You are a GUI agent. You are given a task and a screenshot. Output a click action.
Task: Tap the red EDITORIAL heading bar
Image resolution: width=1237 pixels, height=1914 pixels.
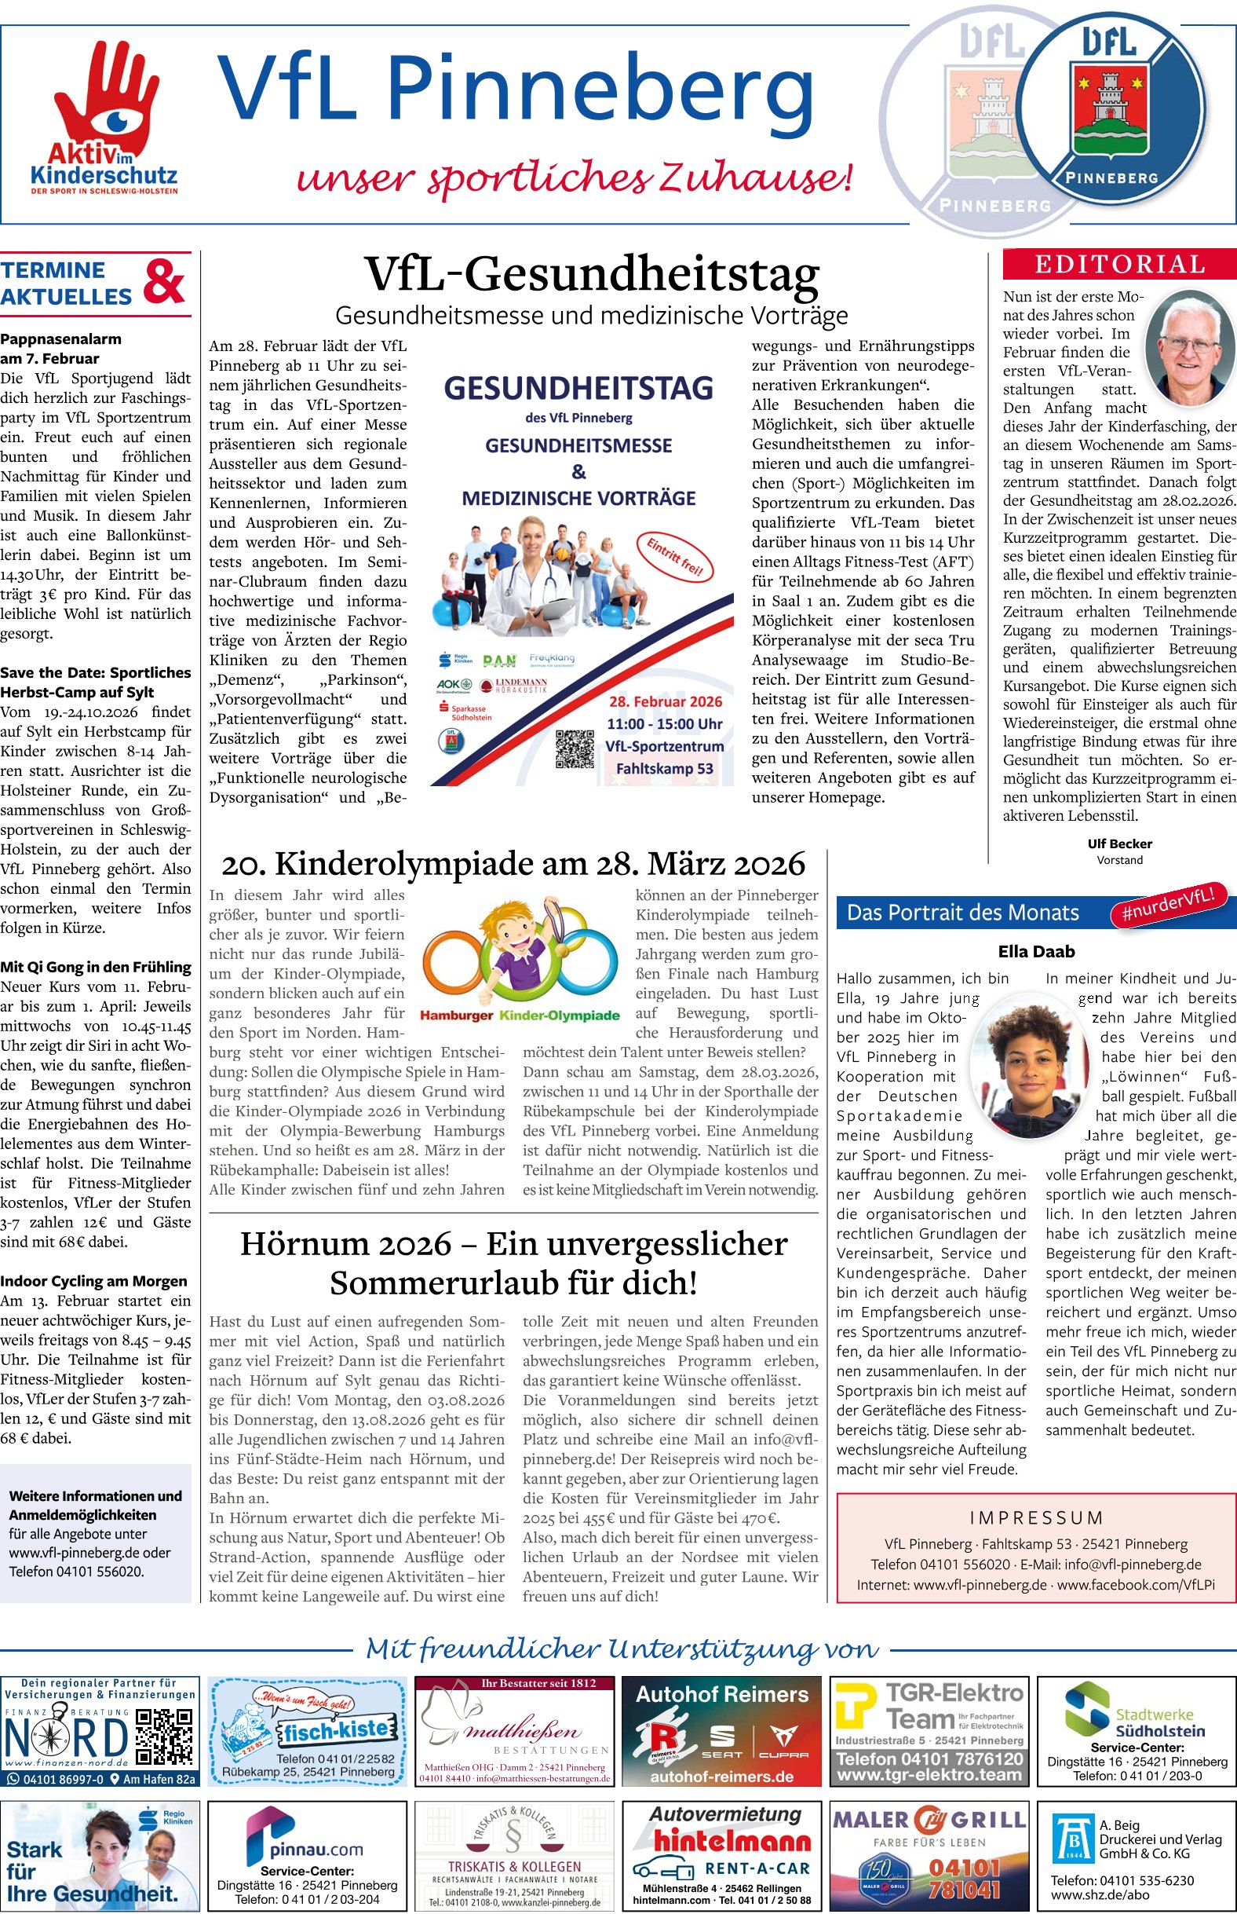coord(1119,265)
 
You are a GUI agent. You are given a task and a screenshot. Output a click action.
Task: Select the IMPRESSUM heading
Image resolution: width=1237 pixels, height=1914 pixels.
coord(1035,1518)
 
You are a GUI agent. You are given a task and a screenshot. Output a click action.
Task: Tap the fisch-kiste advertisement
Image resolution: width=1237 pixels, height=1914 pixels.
coord(307,1731)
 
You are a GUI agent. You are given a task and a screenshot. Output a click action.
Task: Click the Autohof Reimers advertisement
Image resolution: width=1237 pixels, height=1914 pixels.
coord(721,1731)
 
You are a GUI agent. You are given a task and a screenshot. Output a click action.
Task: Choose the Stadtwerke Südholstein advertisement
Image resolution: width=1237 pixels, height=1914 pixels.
coord(1137,1731)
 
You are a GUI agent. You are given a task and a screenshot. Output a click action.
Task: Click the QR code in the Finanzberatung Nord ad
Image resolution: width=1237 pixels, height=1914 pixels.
coord(164,1735)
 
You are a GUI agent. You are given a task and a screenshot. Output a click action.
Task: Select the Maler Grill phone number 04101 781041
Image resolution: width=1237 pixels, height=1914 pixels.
coord(964,1879)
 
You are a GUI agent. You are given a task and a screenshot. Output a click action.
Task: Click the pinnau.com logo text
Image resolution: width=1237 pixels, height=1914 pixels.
coord(316,1850)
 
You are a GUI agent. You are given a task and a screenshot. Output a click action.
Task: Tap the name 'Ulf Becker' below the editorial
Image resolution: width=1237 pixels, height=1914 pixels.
coord(1119,844)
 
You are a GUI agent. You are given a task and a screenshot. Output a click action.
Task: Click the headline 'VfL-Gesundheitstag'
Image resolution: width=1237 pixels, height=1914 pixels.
coord(592,274)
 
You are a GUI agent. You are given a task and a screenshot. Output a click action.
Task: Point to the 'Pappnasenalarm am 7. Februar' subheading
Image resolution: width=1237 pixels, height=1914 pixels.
coord(61,349)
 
